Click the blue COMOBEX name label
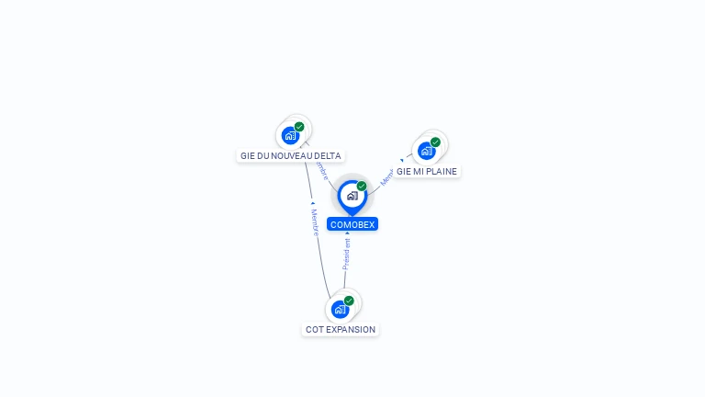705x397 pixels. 352,224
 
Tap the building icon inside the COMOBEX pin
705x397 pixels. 352,196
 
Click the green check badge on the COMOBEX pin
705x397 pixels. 362,187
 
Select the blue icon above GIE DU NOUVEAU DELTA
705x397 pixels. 290,136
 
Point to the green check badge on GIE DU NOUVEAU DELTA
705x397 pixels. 299,127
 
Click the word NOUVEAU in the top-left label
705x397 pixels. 286,156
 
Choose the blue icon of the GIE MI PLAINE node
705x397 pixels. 426,151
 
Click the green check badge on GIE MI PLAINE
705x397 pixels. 435,142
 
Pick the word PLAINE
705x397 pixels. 442,172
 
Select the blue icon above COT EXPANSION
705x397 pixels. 340,309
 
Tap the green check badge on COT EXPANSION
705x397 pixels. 349,301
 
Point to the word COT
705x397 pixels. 315,330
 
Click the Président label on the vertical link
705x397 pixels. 347,254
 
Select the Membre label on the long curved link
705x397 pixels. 314,221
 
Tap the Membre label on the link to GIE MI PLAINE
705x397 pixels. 386,177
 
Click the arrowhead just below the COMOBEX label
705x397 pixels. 347,233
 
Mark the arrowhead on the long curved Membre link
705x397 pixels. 312,203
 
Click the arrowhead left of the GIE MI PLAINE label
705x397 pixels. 401,161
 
